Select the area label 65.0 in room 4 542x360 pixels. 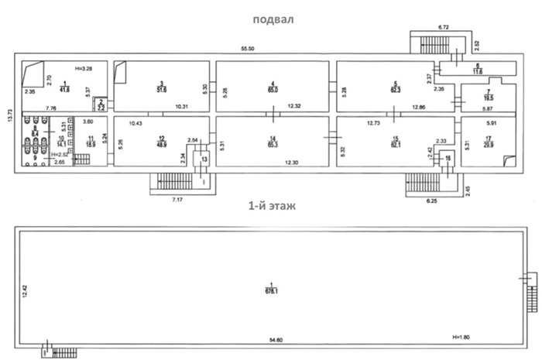click(273, 90)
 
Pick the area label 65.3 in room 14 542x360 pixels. click(273, 145)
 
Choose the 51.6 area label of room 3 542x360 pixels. click(161, 90)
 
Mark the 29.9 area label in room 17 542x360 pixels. click(489, 145)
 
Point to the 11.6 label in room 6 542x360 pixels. click(478, 71)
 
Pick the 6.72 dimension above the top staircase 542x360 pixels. click(444, 27)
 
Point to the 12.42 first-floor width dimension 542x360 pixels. click(24, 290)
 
